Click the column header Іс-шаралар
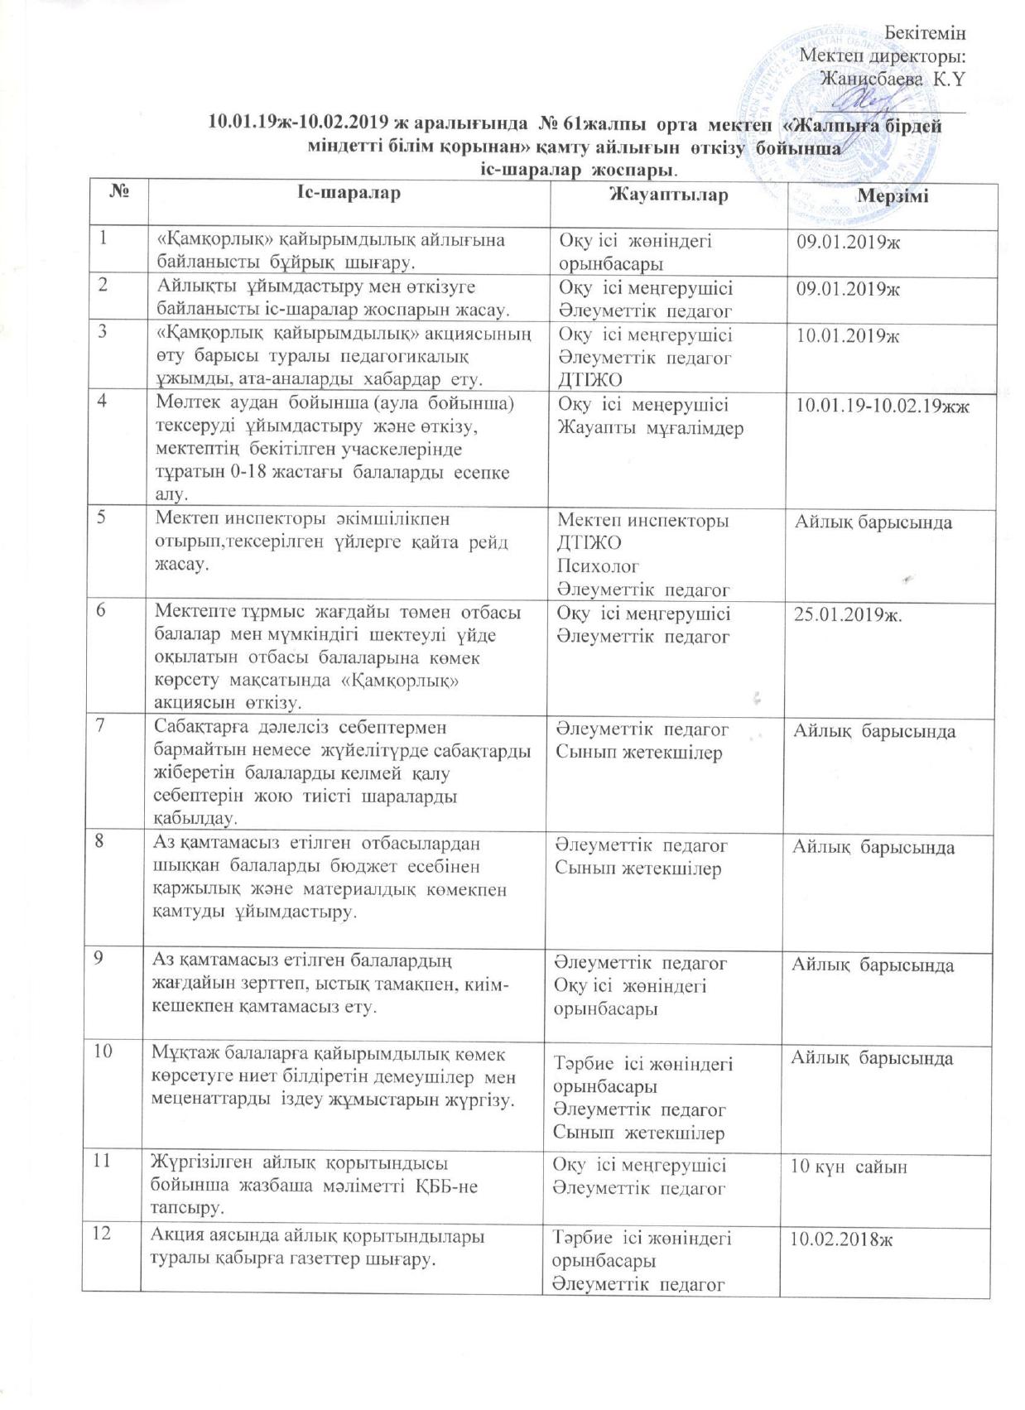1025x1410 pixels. pyautogui.click(x=349, y=193)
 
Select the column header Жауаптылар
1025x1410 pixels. pyautogui.click(x=669, y=195)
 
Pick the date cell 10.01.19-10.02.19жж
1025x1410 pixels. pyautogui.click(x=883, y=407)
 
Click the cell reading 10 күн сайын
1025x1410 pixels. pyautogui.click(x=849, y=1167)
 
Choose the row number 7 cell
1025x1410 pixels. pyautogui.click(x=104, y=727)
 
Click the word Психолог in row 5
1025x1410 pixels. pyautogui.click(x=599, y=567)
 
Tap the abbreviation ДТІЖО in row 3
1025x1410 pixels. pyautogui.click(x=590, y=380)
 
